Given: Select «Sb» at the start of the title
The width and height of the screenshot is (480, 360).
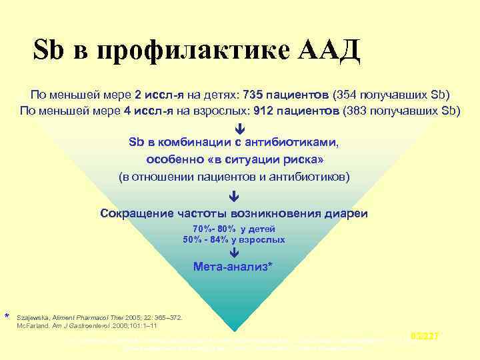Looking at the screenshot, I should (x=49, y=51).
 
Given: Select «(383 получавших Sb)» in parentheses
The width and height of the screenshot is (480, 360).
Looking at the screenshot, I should (x=400, y=110).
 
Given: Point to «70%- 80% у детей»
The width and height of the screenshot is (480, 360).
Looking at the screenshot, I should (x=233, y=229).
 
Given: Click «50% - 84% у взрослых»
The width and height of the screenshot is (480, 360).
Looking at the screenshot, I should (x=233, y=239).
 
